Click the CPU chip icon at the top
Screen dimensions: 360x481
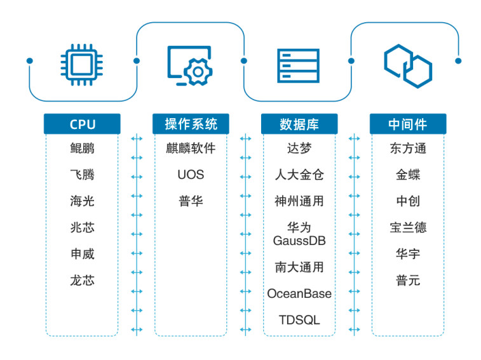(82, 64)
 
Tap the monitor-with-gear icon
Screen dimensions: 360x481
(189, 64)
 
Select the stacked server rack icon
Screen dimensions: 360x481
(298, 64)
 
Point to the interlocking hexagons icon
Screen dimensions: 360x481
(407, 64)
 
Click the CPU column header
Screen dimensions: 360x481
(82, 124)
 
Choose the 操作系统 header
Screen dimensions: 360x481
(191, 124)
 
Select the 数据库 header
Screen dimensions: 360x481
(299, 124)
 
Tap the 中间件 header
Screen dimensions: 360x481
(407, 124)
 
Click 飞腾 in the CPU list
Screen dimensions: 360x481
(82, 175)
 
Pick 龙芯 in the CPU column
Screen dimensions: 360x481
(82, 280)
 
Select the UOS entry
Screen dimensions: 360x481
(191, 175)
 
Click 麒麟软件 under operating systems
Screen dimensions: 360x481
(191, 149)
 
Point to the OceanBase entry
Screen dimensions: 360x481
(299, 293)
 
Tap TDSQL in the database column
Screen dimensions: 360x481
(299, 319)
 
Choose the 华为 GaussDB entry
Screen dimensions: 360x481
(299, 234)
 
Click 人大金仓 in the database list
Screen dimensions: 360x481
(299, 175)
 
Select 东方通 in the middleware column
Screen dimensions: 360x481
(407, 149)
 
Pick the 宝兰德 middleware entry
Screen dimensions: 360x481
(407, 227)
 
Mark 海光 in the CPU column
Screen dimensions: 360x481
(82, 201)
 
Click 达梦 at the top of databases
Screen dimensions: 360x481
(299, 149)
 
